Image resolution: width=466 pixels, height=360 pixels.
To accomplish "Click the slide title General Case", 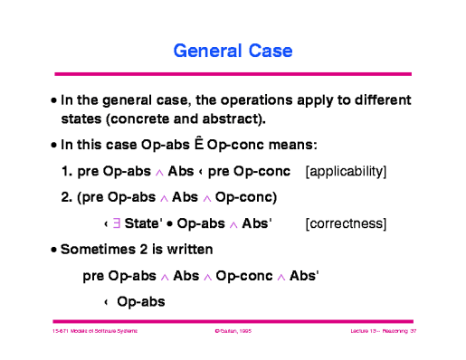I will [233, 49].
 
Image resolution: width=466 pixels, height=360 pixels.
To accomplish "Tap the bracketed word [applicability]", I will [347, 171].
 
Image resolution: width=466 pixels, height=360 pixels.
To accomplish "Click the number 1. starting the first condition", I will [66, 171].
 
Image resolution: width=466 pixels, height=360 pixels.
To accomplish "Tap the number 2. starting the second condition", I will [66, 196].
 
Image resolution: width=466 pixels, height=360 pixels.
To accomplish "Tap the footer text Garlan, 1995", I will [233, 332].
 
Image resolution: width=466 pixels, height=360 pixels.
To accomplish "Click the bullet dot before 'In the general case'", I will [54, 99].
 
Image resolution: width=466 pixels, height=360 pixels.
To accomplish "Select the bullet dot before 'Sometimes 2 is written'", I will [54, 249].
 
